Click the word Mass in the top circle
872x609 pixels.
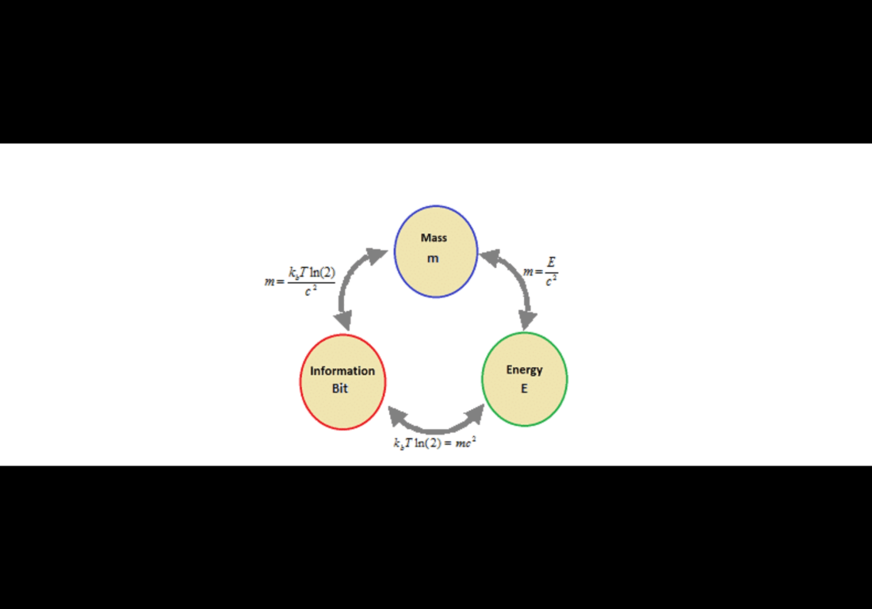(x=434, y=238)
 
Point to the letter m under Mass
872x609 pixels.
(x=433, y=259)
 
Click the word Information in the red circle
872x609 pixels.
(x=342, y=371)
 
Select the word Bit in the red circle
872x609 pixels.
(x=340, y=389)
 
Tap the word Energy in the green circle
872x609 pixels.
(x=525, y=370)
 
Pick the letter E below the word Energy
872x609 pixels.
(x=524, y=389)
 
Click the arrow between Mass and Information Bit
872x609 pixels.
(x=349, y=289)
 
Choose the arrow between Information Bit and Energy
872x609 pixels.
(x=436, y=424)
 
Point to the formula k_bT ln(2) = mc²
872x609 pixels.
(x=434, y=443)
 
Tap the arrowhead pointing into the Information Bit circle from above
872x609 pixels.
(x=344, y=321)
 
